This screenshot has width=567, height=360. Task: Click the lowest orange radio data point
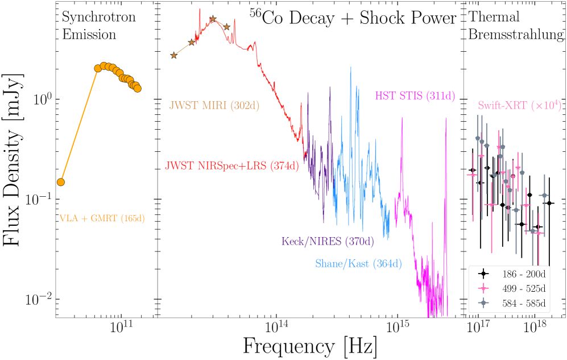coord(61,182)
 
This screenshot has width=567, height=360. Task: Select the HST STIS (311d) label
coord(415,95)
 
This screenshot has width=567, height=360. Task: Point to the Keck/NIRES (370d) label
coord(328,241)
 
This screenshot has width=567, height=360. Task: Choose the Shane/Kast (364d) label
coord(358,263)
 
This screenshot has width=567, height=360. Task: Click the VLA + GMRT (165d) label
coord(102,218)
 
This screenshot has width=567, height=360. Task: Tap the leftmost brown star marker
coord(174,55)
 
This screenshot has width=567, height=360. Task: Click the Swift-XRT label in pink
coord(520,105)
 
